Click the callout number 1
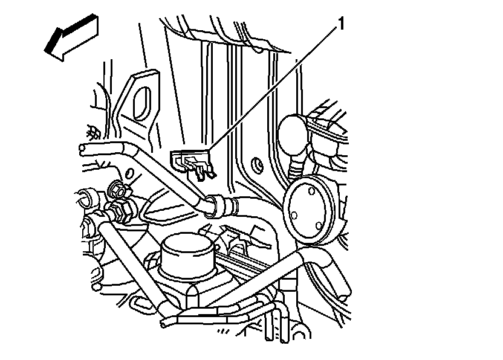pyautogui.click(x=341, y=24)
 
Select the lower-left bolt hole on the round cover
pyautogui.click(x=295, y=215)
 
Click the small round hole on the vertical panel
pyautogui.click(x=256, y=164)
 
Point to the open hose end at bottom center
pyautogui.click(x=164, y=324)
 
